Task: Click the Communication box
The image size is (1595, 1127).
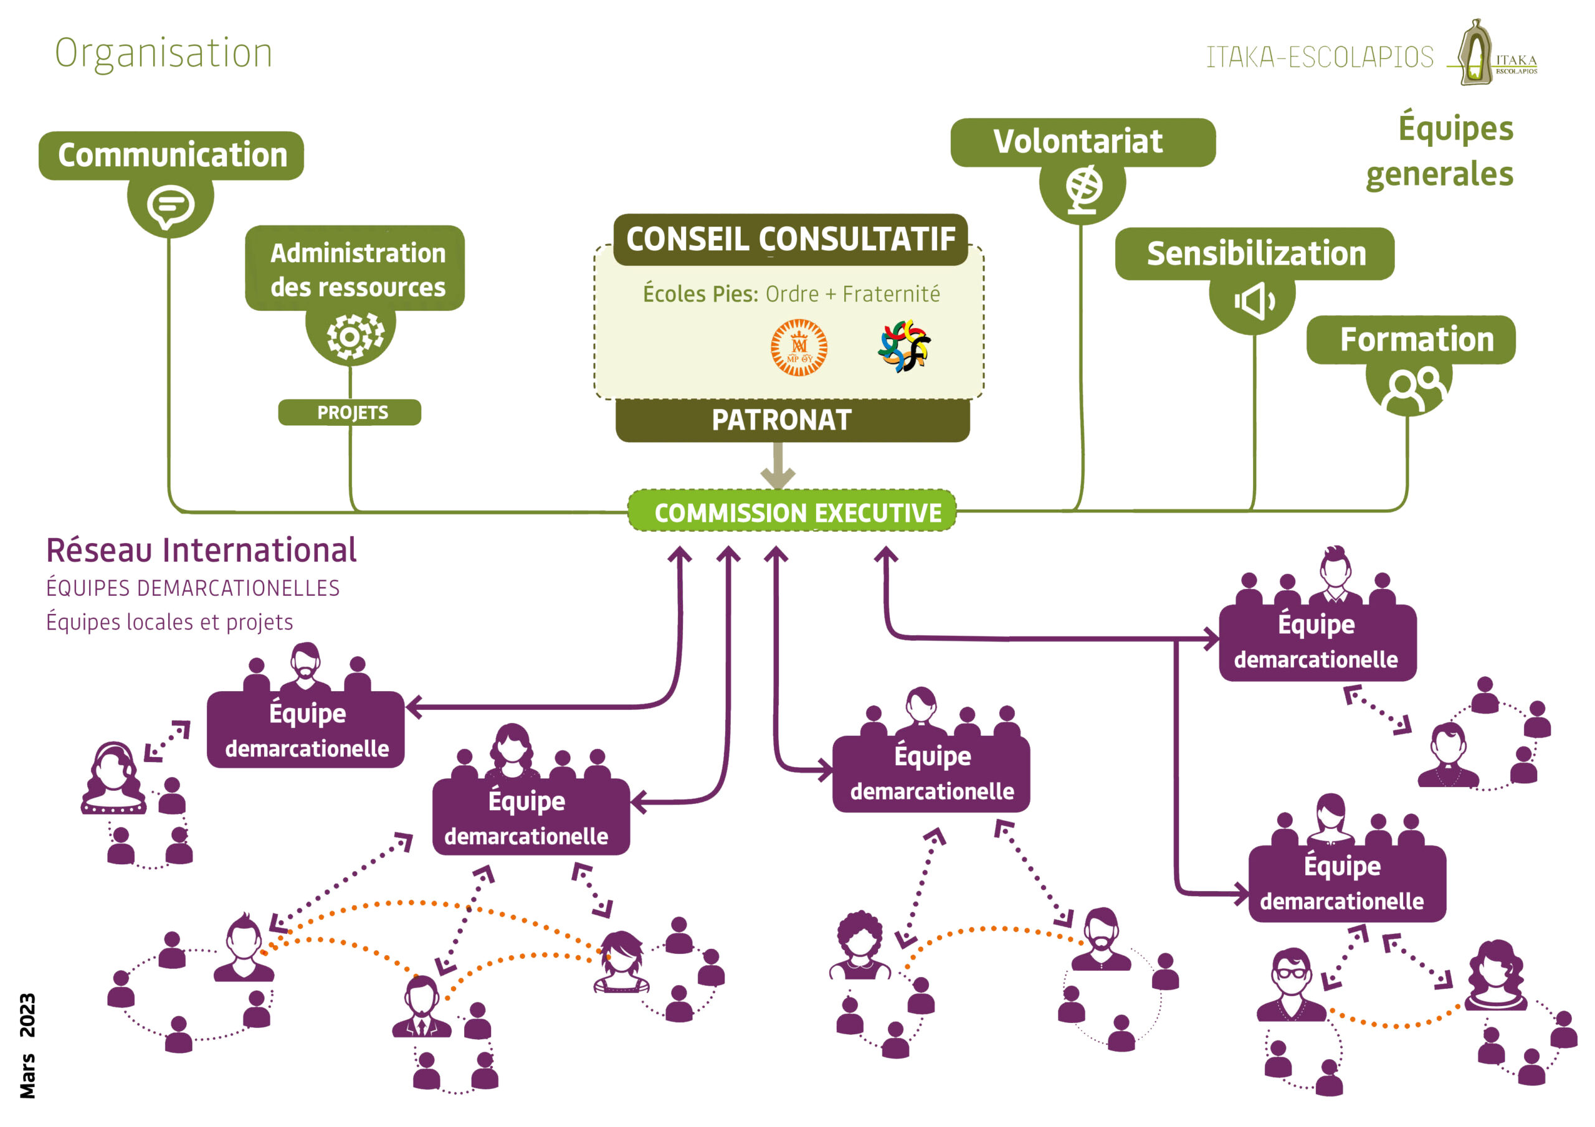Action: pyautogui.click(x=171, y=156)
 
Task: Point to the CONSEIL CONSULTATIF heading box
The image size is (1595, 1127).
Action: pyautogui.click(x=791, y=240)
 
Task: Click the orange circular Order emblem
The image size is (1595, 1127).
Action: pyautogui.click(x=799, y=347)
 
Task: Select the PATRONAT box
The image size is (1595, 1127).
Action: pyautogui.click(x=793, y=420)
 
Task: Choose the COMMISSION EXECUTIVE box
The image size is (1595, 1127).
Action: pyautogui.click(x=792, y=512)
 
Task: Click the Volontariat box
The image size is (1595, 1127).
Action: pyautogui.click(x=1083, y=143)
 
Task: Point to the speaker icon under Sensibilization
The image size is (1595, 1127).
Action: pyautogui.click(x=1254, y=301)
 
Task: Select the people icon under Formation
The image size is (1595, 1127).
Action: pyautogui.click(x=1414, y=390)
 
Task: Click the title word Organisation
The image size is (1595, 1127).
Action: pyautogui.click(x=164, y=54)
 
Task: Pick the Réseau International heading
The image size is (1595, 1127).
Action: pyautogui.click(x=201, y=550)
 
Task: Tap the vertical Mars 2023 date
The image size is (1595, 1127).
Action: pyautogui.click(x=27, y=1046)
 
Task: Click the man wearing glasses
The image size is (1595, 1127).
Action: pyautogui.click(x=1292, y=984)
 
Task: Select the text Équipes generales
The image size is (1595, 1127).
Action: pyautogui.click(x=1440, y=150)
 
